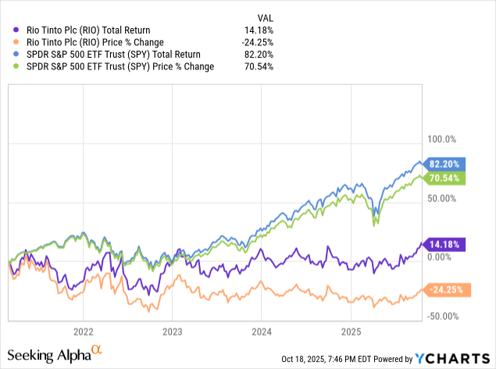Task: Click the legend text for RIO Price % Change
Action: (x=91, y=42)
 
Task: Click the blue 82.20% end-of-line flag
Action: (x=447, y=163)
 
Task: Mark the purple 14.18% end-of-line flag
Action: (x=447, y=243)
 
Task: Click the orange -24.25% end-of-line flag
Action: (x=447, y=289)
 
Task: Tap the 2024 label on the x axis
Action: (x=262, y=331)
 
